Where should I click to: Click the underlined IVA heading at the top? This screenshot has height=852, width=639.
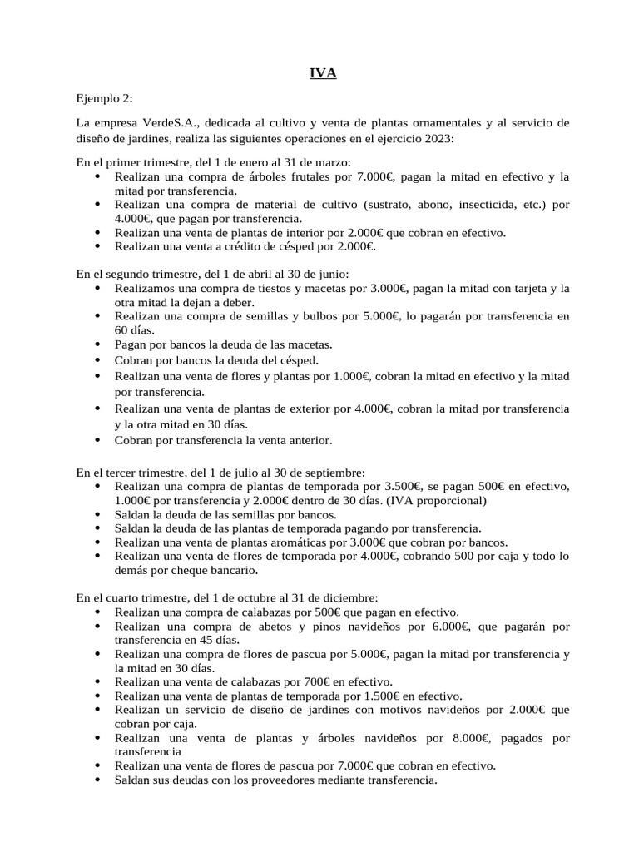click(x=319, y=74)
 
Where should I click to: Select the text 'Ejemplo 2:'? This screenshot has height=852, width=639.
click(x=104, y=98)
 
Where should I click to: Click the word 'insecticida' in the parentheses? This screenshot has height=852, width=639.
click(x=475, y=204)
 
